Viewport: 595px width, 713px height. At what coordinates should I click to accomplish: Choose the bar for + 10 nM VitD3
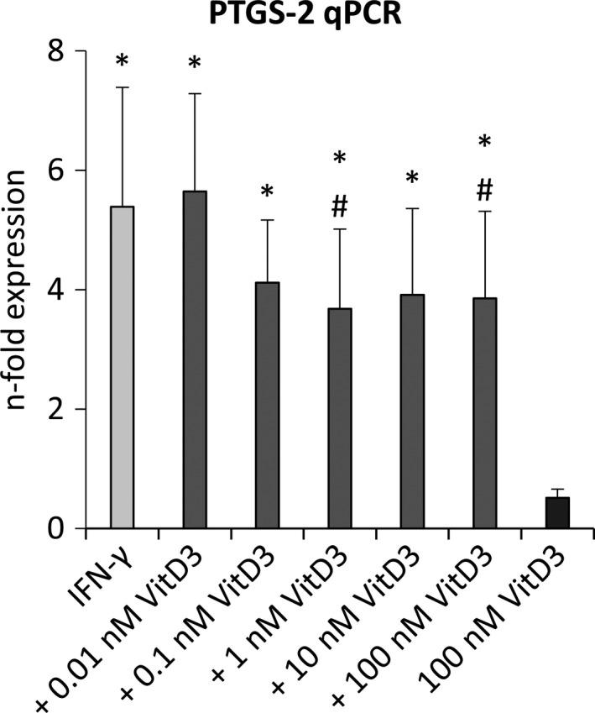[x=412, y=412]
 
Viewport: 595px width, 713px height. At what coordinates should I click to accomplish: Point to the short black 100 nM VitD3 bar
[x=557, y=513]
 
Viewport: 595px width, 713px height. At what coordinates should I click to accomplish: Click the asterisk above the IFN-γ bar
[x=123, y=62]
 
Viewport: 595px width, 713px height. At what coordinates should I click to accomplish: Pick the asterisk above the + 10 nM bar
[x=412, y=179]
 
